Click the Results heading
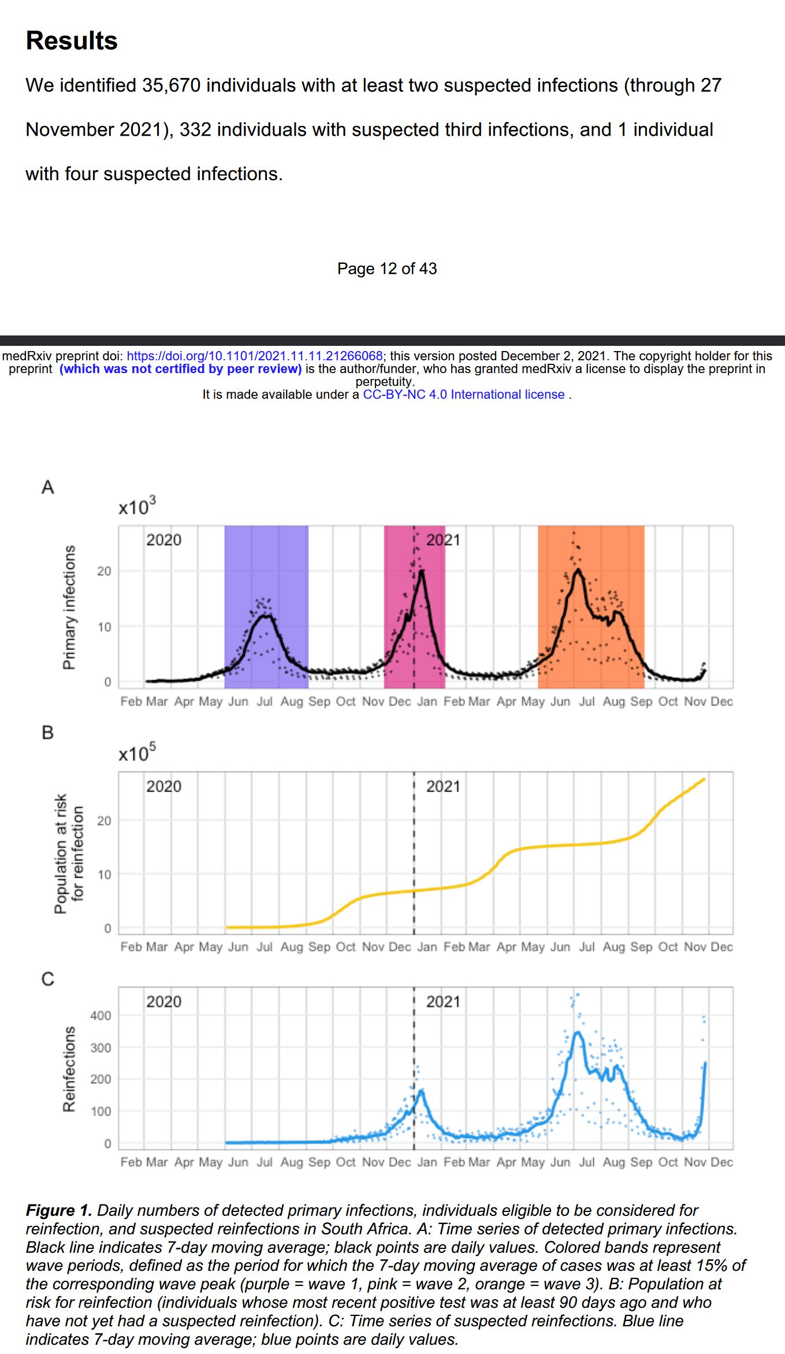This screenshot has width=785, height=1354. click(72, 41)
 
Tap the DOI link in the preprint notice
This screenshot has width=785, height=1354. click(254, 356)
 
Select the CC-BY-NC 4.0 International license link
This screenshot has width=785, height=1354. click(463, 394)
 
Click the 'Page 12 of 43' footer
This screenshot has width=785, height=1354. click(387, 268)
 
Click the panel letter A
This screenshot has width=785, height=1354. click(48, 487)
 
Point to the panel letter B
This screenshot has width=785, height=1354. click(48, 733)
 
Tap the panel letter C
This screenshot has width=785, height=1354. click(48, 979)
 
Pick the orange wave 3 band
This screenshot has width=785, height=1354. click(612, 554)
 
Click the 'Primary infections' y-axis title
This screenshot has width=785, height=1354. click(69, 607)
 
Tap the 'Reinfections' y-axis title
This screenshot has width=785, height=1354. click(69, 1069)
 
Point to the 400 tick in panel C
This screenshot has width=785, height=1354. click(101, 1016)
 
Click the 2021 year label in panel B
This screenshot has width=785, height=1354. click(443, 786)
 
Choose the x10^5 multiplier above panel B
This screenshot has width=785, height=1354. click(137, 754)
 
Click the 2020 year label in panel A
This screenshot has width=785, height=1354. click(163, 540)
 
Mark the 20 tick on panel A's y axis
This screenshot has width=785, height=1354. click(104, 571)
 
